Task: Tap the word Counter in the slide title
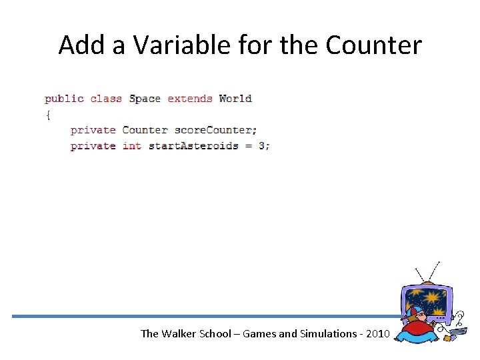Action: pos(374,45)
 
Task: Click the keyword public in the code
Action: pos(64,99)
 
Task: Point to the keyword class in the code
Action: pos(106,99)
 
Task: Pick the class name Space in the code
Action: pos(145,99)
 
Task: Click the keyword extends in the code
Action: pos(190,99)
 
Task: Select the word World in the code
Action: pos(235,99)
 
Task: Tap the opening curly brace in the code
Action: pos(47,115)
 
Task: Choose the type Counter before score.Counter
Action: pos(145,130)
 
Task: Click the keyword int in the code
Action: pos(132,146)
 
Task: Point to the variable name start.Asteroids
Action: pos(193,146)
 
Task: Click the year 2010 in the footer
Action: pos(374,333)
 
